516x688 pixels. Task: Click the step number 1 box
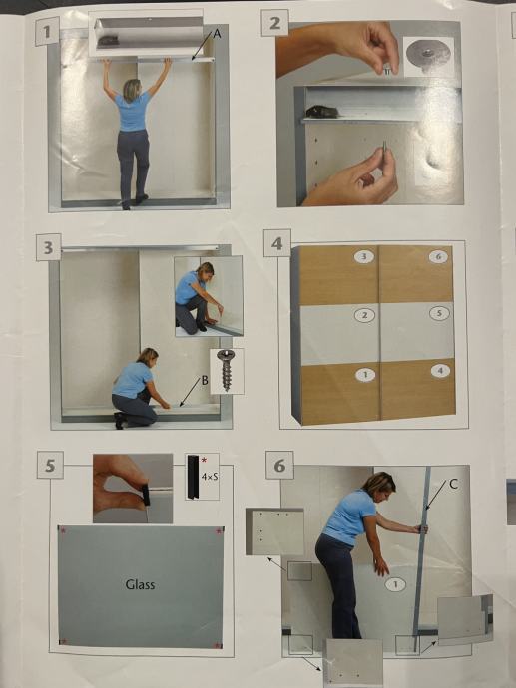(x=47, y=31)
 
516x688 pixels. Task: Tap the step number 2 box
(x=274, y=23)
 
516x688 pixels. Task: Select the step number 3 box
(x=48, y=247)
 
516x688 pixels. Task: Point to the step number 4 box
(x=277, y=243)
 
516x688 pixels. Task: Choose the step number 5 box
(x=50, y=465)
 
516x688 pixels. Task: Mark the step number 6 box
(x=279, y=465)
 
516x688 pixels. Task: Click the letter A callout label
(x=217, y=33)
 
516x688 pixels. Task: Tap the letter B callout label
(x=205, y=381)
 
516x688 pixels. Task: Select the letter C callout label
(x=454, y=484)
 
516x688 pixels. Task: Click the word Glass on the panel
(x=140, y=584)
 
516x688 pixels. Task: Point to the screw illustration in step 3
(x=227, y=370)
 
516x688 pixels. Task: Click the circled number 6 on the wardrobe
(x=438, y=256)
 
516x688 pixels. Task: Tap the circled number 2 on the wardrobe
(x=364, y=315)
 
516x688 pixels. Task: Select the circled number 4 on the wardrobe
(x=440, y=371)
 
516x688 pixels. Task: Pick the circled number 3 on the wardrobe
(x=363, y=256)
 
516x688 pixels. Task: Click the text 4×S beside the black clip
(x=210, y=476)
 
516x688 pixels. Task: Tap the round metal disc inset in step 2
(x=428, y=54)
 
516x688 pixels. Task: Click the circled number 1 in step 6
(x=395, y=584)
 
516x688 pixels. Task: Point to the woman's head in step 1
(x=132, y=90)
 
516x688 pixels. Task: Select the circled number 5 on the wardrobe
(x=439, y=313)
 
